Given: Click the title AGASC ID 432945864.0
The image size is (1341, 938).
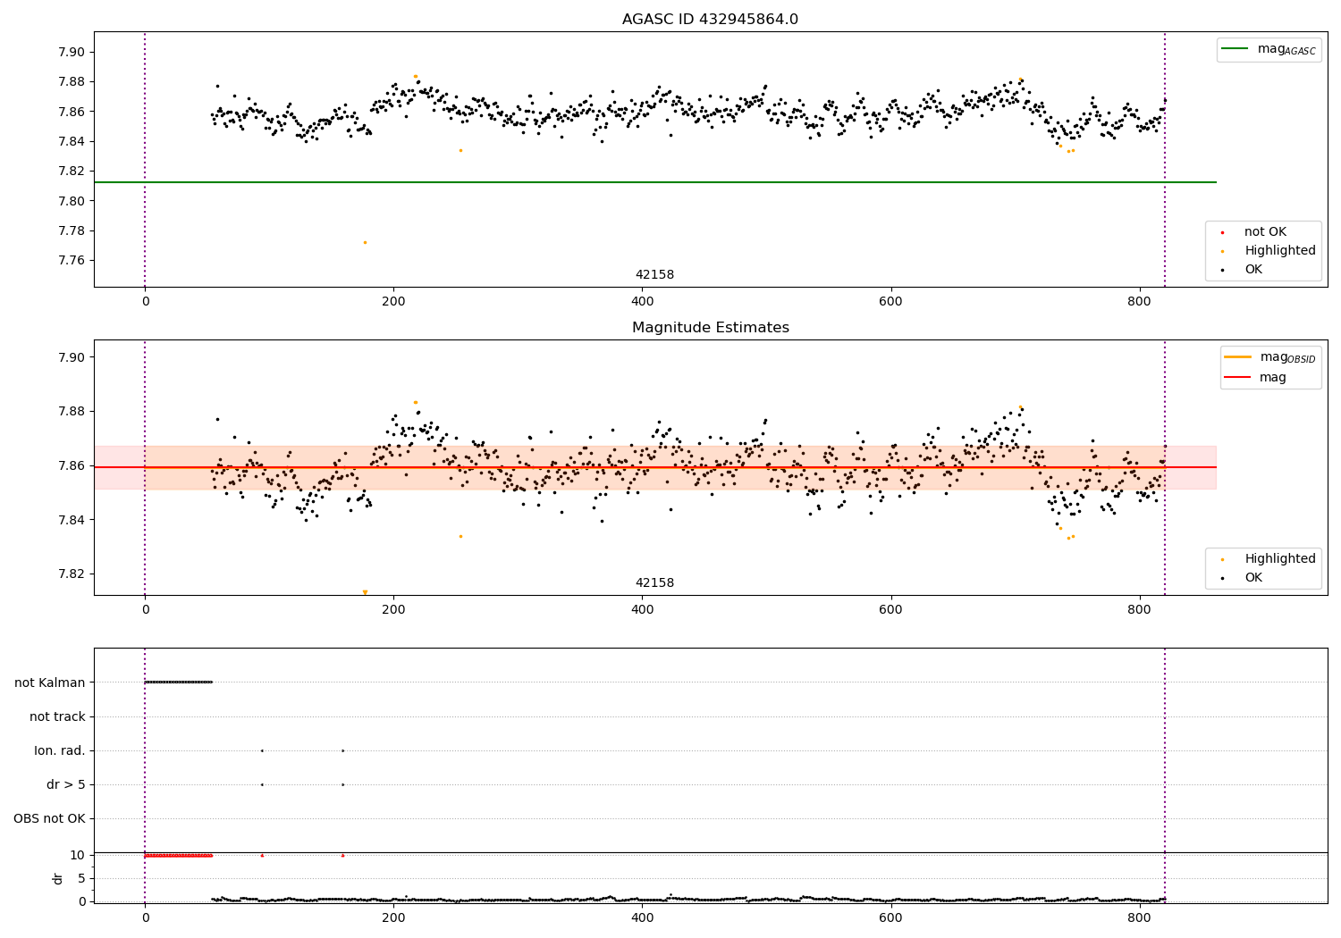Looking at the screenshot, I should coord(710,20).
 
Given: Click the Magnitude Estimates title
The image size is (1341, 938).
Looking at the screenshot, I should coord(710,328).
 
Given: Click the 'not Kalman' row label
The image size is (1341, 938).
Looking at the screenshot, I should coord(50,683).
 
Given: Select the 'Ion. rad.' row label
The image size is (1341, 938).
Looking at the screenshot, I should coord(60,751).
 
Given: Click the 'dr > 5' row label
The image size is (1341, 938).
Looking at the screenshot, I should coord(65,785).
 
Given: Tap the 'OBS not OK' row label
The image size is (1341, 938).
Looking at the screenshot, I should coord(49,819).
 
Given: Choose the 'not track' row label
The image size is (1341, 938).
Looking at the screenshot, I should coord(57,716).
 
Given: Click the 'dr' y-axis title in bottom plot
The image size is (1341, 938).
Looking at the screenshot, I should coord(58,878).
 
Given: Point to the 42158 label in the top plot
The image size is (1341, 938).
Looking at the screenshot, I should coord(654,275).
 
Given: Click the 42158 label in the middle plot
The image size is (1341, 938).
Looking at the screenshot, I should coord(654,583).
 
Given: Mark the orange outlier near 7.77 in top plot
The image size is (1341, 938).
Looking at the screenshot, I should coord(365,242).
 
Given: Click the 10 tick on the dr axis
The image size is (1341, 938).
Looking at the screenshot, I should coord(78,855).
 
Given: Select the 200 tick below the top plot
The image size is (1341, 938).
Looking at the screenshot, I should coord(393,302).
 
